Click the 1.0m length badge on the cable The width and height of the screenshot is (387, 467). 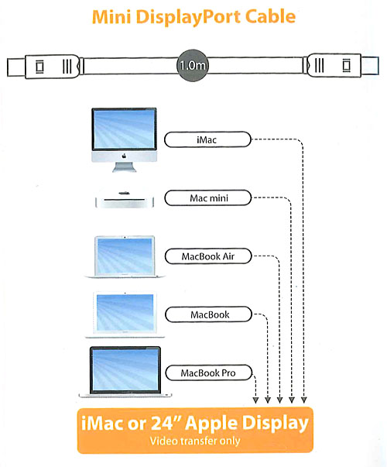click(193, 65)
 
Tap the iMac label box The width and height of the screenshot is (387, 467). click(207, 139)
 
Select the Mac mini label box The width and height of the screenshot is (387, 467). click(207, 197)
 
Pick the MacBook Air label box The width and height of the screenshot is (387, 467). click(208, 256)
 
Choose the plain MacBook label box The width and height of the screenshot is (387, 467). click(208, 314)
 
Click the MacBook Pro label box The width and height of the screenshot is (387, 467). click(209, 373)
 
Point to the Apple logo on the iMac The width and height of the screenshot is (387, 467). click(124, 156)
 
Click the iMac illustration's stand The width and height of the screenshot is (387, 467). click(124, 167)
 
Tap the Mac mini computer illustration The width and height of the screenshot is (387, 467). click(125, 200)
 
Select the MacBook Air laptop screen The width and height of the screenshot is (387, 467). click(125, 256)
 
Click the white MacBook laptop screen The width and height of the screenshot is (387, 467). click(125, 312)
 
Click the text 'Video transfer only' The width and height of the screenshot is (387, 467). click(195, 441)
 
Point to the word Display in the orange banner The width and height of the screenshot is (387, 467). click(274, 424)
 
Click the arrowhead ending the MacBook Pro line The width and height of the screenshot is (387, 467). click(255, 400)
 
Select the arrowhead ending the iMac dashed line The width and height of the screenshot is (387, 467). click(303, 400)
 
